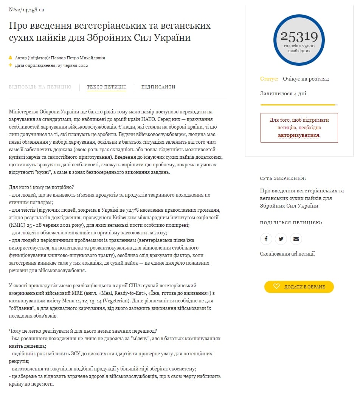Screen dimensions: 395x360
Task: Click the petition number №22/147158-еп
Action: [x=23, y=9]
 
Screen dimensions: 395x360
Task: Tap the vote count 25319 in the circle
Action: [x=299, y=37]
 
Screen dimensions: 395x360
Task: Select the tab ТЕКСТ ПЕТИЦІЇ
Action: [x=106, y=87]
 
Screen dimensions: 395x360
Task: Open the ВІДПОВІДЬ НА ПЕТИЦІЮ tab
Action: [x=40, y=87]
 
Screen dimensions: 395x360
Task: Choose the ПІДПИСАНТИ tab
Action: [x=158, y=87]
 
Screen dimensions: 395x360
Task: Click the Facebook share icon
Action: [x=266, y=239]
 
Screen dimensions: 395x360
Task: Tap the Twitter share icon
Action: [x=281, y=239]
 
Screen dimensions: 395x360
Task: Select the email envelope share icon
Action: [x=296, y=239]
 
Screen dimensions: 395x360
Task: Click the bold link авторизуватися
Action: [x=299, y=135]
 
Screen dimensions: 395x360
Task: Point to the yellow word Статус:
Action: [x=269, y=79]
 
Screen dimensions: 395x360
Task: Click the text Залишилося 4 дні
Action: [x=283, y=93]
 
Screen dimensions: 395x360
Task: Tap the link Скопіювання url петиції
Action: [x=287, y=254]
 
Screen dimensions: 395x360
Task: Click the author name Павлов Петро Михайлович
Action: [x=78, y=58]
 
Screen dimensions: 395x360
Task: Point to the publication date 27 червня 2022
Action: [x=73, y=65]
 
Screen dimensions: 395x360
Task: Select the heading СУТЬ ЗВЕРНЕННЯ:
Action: [x=283, y=178]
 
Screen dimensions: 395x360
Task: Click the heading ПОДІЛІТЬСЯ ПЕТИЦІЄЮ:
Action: [x=291, y=223]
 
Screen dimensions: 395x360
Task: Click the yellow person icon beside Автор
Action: [x=11, y=58]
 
